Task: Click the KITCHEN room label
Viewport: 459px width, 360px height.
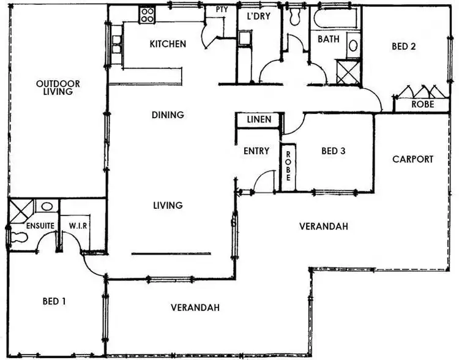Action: click(x=168, y=44)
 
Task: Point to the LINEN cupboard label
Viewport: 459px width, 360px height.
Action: click(x=259, y=120)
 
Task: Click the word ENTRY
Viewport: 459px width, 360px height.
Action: click(x=256, y=151)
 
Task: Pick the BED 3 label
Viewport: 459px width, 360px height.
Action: click(x=333, y=151)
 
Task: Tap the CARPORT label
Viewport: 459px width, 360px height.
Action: click(x=412, y=159)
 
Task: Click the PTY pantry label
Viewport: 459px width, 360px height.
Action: click(x=222, y=10)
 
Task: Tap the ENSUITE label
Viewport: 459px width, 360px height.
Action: click(x=40, y=226)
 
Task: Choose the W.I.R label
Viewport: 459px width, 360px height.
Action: click(x=78, y=225)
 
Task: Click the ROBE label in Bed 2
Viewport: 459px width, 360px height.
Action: click(x=422, y=105)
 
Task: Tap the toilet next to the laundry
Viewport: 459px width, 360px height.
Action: click(x=294, y=17)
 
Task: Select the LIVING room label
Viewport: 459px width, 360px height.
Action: click(x=168, y=205)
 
